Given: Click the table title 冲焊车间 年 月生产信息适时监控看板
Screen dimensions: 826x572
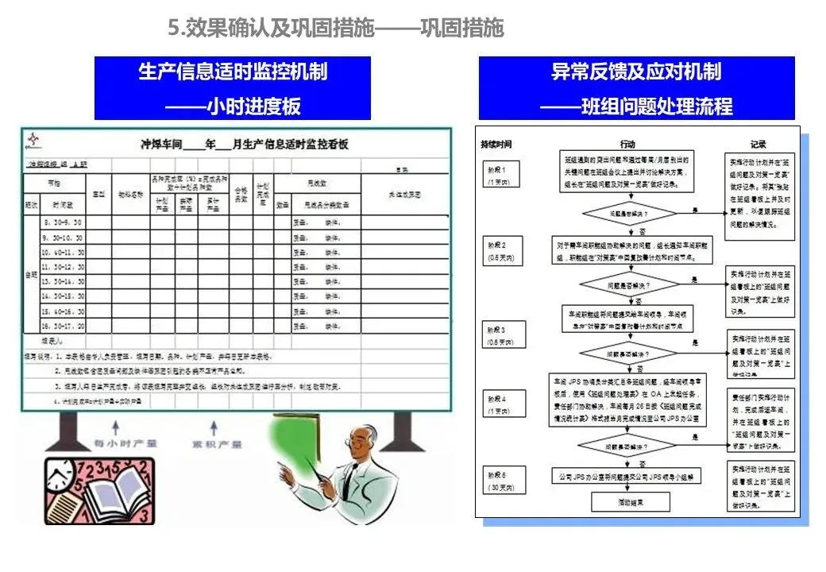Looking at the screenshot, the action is pos(244,144).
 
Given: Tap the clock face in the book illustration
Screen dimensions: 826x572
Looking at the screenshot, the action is pos(56,477).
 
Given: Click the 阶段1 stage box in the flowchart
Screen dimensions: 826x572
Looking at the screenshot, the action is pos(500,174).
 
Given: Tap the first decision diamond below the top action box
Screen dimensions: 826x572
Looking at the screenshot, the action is pos(628,214).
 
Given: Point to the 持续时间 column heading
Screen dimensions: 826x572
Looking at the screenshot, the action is pos(496,145).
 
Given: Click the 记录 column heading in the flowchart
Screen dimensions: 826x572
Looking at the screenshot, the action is pos(758,145).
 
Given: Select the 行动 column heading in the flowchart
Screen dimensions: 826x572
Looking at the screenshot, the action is pos(627,145).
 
